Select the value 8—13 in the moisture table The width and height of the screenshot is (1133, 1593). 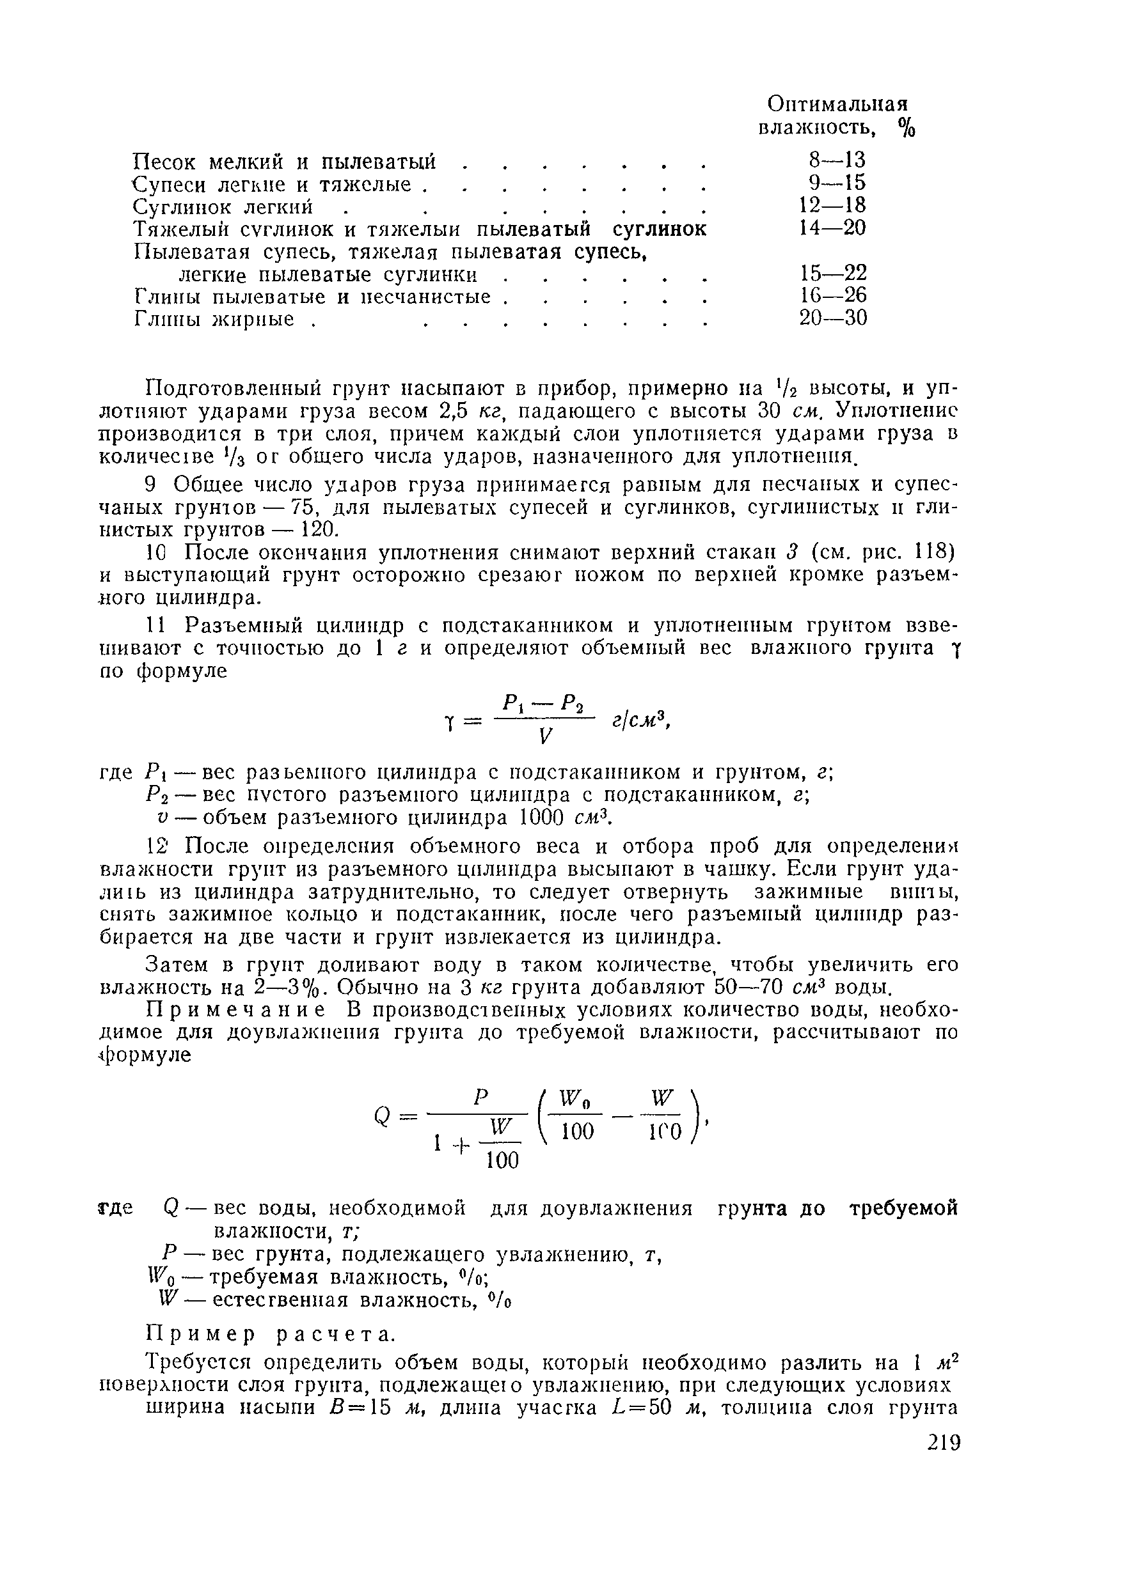(x=837, y=160)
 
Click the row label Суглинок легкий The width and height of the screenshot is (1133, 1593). (x=223, y=206)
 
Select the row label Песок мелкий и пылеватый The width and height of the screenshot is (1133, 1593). (x=284, y=161)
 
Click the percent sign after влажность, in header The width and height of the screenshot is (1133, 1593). (x=907, y=128)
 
